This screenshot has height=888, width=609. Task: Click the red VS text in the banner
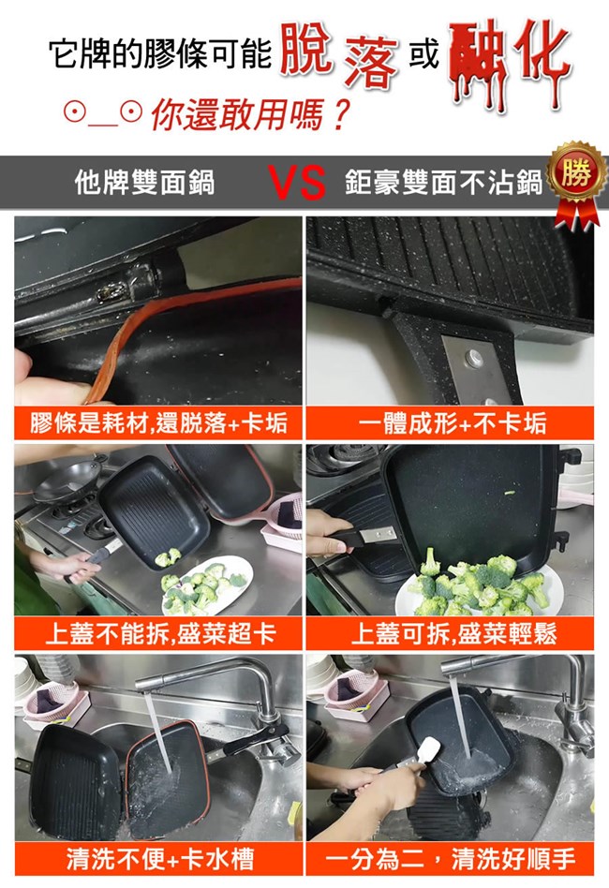[x=297, y=183]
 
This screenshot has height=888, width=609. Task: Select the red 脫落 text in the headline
[x=339, y=55]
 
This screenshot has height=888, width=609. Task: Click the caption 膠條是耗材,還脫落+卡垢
[x=159, y=423]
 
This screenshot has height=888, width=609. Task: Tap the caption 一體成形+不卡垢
[x=451, y=423]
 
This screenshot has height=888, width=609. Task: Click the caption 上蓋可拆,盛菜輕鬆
[x=453, y=633]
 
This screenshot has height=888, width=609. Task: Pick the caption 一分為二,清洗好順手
[x=451, y=859]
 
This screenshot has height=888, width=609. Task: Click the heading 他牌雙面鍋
[x=145, y=183]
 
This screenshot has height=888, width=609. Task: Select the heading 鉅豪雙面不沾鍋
[x=443, y=183]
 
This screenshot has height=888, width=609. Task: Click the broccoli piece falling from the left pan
[x=168, y=557]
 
